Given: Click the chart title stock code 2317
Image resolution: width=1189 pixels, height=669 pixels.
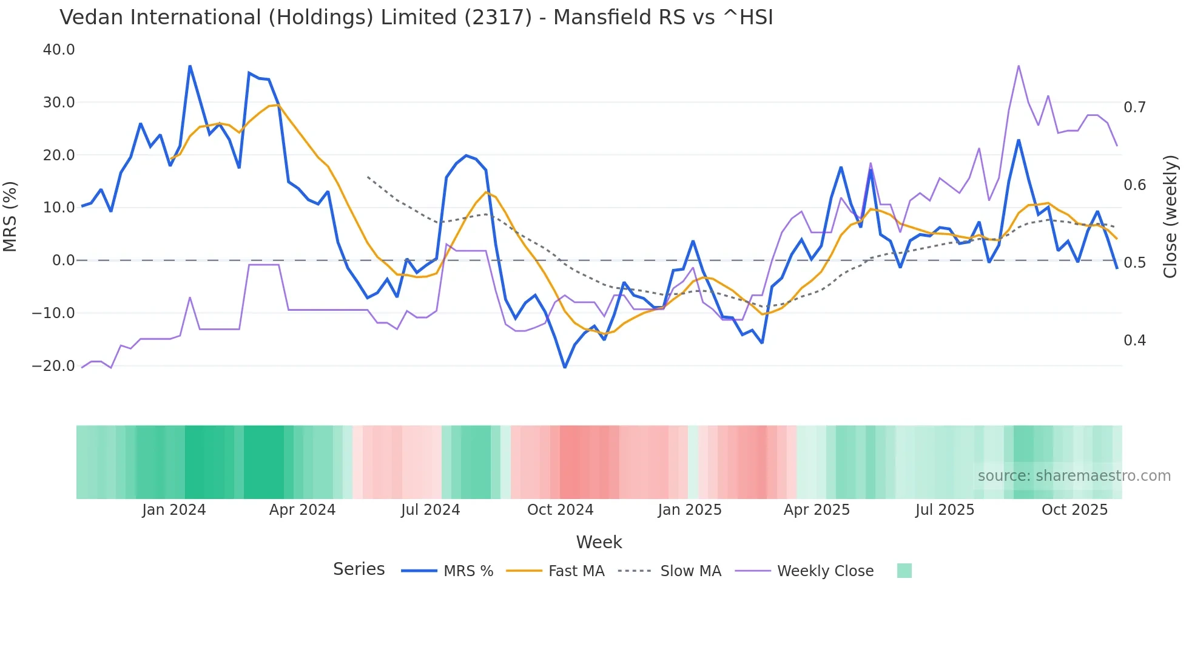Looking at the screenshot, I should [498, 18].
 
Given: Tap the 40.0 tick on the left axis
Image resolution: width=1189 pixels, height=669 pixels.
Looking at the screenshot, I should [59, 50].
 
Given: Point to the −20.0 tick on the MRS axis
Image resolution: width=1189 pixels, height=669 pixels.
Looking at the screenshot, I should [53, 366].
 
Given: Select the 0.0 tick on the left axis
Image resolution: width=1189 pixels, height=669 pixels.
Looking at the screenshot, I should [63, 260].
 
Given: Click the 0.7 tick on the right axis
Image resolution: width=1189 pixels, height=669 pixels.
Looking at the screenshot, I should [1134, 107].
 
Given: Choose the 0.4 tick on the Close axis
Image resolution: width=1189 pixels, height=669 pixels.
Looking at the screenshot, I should [1134, 341].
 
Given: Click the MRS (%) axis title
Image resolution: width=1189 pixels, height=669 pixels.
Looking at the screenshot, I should [10, 216].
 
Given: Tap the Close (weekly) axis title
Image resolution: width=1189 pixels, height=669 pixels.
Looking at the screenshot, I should [1170, 216].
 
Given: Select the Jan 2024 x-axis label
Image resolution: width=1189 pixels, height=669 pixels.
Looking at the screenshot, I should [174, 510].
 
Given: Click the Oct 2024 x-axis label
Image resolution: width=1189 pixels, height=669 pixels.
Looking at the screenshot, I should [560, 510].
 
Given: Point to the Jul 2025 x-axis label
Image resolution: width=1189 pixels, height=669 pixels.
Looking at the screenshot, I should [945, 510].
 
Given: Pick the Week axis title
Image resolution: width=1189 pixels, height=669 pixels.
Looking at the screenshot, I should [599, 542].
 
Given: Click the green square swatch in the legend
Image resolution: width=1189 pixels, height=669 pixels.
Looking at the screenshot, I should [904, 571].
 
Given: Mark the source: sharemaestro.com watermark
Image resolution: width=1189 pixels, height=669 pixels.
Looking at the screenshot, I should [1074, 476].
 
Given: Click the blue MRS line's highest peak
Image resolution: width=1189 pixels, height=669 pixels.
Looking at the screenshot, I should [190, 66].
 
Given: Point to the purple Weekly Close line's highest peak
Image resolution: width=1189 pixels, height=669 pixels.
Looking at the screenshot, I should [1019, 66].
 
